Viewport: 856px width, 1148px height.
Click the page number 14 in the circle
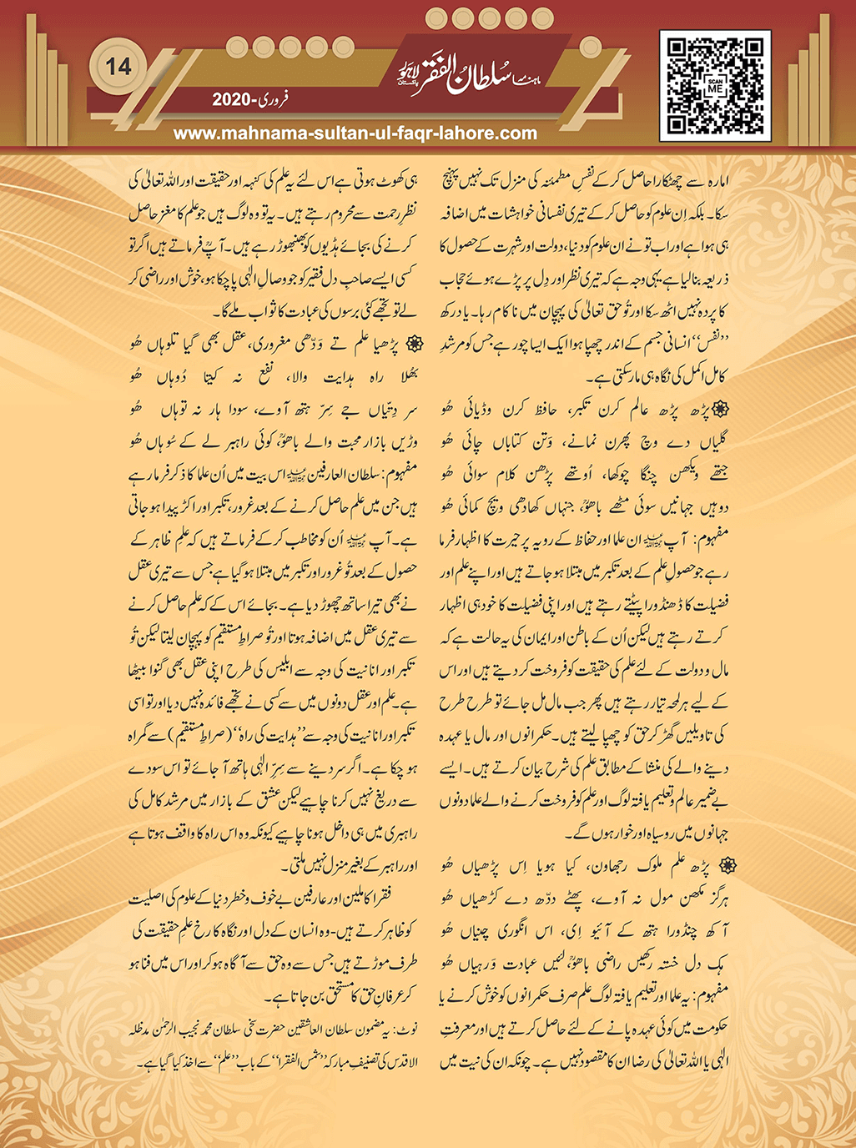click(x=118, y=67)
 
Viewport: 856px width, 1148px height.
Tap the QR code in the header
click(x=715, y=84)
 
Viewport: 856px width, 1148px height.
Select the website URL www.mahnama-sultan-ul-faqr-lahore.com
click(x=355, y=133)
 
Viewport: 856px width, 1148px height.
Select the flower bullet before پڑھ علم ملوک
click(x=719, y=862)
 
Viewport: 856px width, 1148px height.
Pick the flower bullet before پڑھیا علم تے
click(x=409, y=344)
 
